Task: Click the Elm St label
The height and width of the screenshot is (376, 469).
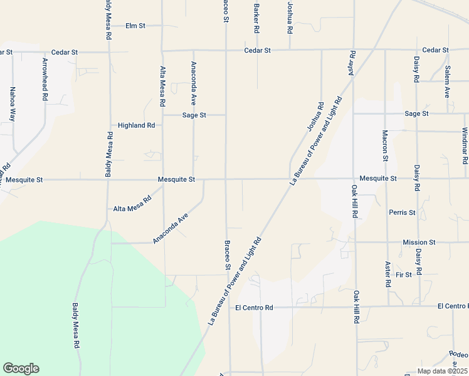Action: [x=135, y=26]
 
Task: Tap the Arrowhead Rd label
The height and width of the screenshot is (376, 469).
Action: [x=45, y=80]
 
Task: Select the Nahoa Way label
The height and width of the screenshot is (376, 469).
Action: [x=12, y=104]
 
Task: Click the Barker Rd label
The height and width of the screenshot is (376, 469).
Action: [x=256, y=19]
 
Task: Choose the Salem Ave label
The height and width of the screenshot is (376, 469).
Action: [x=447, y=81]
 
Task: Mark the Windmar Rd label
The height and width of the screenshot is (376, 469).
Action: [x=465, y=145]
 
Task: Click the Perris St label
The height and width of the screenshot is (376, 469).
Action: [x=402, y=212]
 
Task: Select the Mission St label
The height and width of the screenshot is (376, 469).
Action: [x=419, y=242]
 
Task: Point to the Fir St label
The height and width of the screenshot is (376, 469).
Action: [x=404, y=274]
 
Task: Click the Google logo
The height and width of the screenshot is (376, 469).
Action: [x=21, y=368]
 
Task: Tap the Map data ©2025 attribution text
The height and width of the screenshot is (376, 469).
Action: [x=441, y=371]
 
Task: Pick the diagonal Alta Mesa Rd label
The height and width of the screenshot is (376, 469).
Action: [x=132, y=204]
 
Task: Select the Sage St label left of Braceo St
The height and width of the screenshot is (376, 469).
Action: [x=194, y=115]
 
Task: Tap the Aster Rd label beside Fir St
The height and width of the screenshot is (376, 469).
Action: [x=388, y=274]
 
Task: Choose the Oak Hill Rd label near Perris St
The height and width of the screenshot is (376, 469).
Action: [x=354, y=201]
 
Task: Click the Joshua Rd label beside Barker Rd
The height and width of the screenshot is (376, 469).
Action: [x=290, y=18]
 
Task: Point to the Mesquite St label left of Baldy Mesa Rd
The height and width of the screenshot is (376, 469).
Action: [x=21, y=179]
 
